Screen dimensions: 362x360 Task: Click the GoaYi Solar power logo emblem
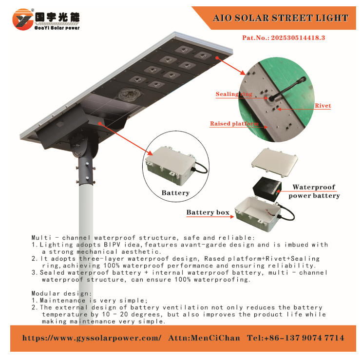(x=22, y=19)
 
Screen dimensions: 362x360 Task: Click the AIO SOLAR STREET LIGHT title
(x=281, y=18)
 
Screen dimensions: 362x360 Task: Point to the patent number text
(x=284, y=38)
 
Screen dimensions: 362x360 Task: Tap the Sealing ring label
(x=234, y=94)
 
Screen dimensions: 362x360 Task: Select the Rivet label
(x=323, y=106)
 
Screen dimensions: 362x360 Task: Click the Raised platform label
(x=234, y=124)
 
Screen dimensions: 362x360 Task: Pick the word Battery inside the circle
(x=175, y=193)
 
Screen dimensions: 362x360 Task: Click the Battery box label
(x=208, y=212)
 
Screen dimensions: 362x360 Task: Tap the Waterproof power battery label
(x=314, y=191)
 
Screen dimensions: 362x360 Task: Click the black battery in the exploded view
(x=267, y=188)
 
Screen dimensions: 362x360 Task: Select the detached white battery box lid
(x=274, y=162)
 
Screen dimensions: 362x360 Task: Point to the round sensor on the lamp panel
(x=130, y=95)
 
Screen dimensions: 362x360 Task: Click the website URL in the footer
(x=92, y=338)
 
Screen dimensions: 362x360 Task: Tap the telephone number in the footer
(x=296, y=338)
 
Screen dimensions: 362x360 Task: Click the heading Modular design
(x=62, y=294)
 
